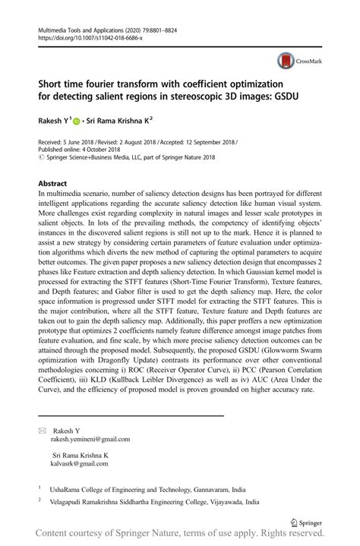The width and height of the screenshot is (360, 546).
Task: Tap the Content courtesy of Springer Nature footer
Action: coord(180,537)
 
